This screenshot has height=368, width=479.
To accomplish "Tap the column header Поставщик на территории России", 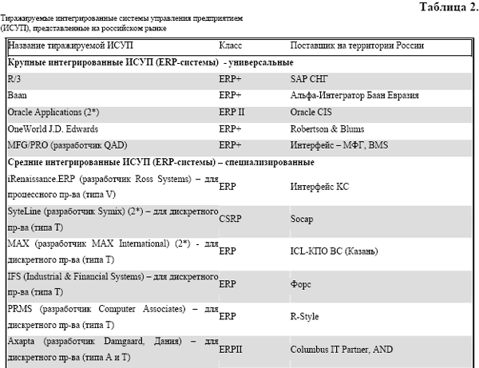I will point(357,46).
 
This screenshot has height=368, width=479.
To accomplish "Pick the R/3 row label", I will point(14,79).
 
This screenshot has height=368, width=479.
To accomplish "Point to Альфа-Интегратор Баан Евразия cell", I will point(354,96).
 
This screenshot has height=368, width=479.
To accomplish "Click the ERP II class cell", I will point(232,113).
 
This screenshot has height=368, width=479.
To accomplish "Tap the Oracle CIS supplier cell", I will point(313,113).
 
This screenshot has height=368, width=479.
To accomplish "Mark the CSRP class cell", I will point(230,216).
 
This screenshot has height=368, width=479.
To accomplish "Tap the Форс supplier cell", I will point(301,283).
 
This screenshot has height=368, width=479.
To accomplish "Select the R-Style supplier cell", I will point(304,315).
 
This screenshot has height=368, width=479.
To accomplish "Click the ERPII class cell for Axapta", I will point(232,349).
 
